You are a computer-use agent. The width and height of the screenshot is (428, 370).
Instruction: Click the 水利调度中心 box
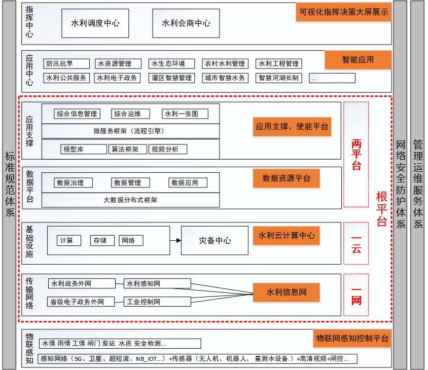[x=95, y=23]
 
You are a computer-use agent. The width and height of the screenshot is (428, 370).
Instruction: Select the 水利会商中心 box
[x=186, y=23]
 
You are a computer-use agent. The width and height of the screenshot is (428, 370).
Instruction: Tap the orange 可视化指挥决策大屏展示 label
[x=343, y=12]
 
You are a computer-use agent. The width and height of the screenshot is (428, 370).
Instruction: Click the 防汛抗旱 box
[x=66, y=64]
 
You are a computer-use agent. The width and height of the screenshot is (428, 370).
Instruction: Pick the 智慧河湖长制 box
[x=278, y=78]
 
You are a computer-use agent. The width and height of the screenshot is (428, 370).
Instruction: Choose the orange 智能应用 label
[x=358, y=60]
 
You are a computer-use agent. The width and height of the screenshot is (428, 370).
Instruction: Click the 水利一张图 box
[x=185, y=114]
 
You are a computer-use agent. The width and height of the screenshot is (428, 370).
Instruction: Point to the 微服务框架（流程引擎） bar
[x=130, y=131]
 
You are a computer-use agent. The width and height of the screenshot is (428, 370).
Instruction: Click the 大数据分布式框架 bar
[x=130, y=200]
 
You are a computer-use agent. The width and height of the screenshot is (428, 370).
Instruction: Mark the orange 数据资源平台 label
[x=286, y=178]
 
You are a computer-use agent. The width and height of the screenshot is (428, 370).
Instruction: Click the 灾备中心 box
[x=215, y=240]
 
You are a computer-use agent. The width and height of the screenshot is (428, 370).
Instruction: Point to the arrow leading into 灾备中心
[x=175, y=240]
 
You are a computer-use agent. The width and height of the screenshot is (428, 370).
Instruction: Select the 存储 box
[x=100, y=241]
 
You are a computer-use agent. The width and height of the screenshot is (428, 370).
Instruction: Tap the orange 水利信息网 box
[x=287, y=292]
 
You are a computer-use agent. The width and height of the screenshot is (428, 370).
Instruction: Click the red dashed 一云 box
[x=356, y=243]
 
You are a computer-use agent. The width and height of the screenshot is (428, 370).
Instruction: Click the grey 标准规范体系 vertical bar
[x=10, y=184]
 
